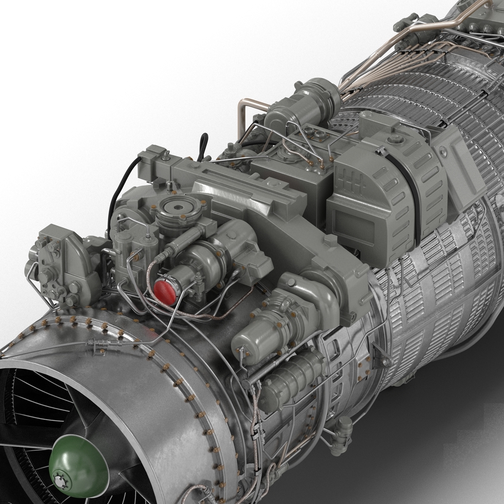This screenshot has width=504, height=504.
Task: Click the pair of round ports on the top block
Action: [317, 134]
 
